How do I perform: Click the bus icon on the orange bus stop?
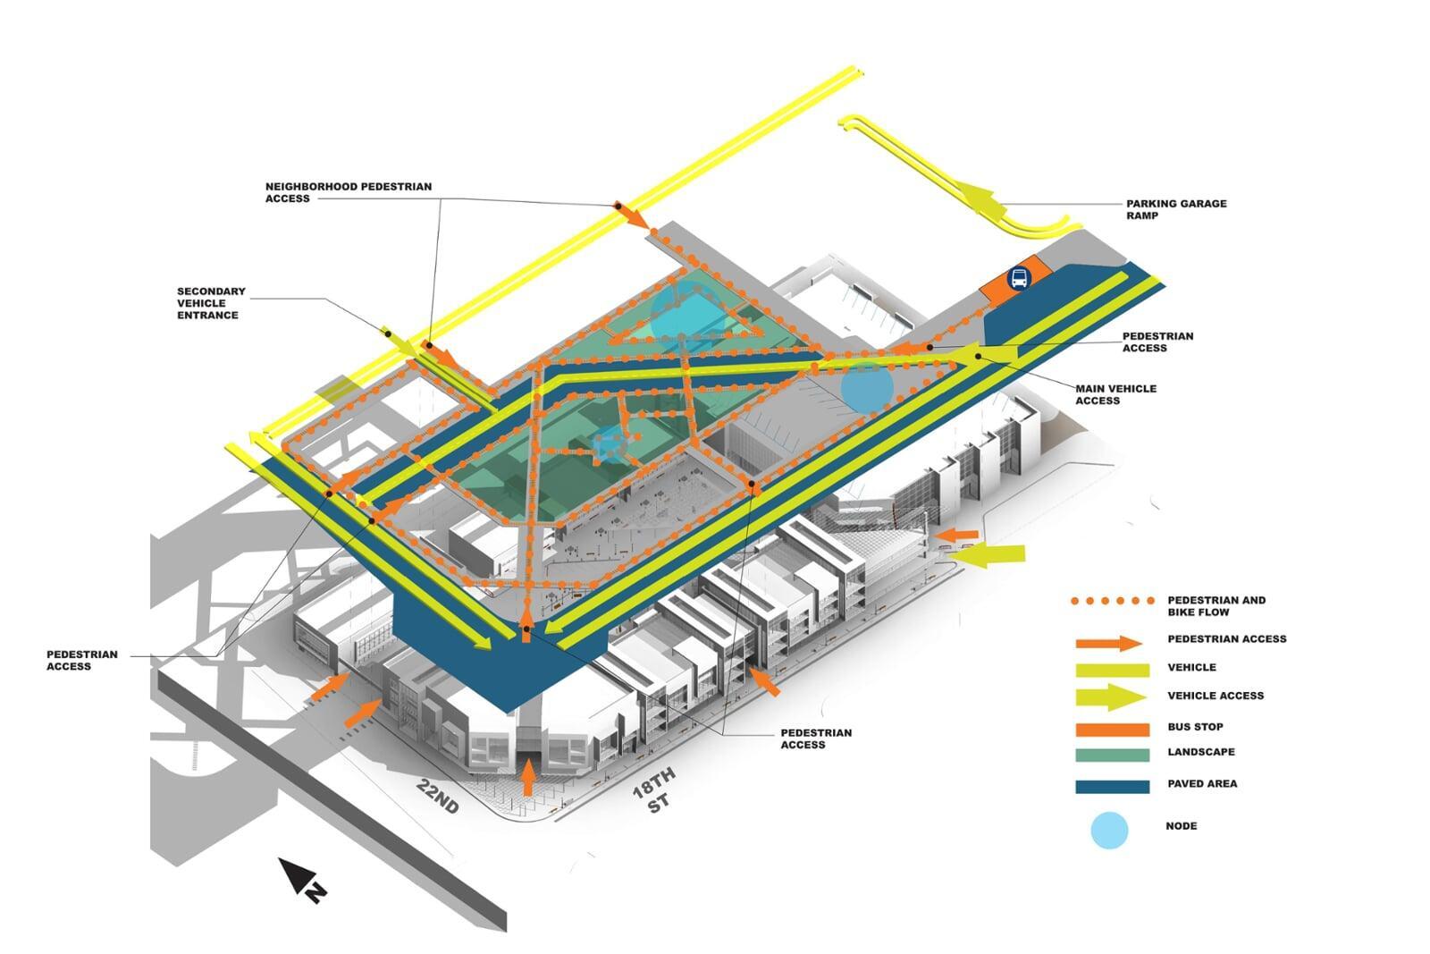point(1018,279)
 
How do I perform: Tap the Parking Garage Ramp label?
point(1175,209)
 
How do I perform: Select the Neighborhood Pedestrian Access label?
point(348,192)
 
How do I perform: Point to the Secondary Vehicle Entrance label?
point(211,303)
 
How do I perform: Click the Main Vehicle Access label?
point(1115,394)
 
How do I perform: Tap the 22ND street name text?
point(438,796)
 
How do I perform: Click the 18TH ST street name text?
point(654,789)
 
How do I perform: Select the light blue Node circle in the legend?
point(1109,830)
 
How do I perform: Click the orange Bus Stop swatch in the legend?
point(1112,728)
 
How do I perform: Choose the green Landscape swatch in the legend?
point(1112,754)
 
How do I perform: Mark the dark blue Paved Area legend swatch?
point(1112,786)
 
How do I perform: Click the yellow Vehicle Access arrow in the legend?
point(1111,697)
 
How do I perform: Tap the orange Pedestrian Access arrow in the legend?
point(1109,643)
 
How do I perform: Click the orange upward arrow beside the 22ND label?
point(528,777)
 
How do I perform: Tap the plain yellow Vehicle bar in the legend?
point(1112,669)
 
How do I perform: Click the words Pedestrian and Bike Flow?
point(1215,606)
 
